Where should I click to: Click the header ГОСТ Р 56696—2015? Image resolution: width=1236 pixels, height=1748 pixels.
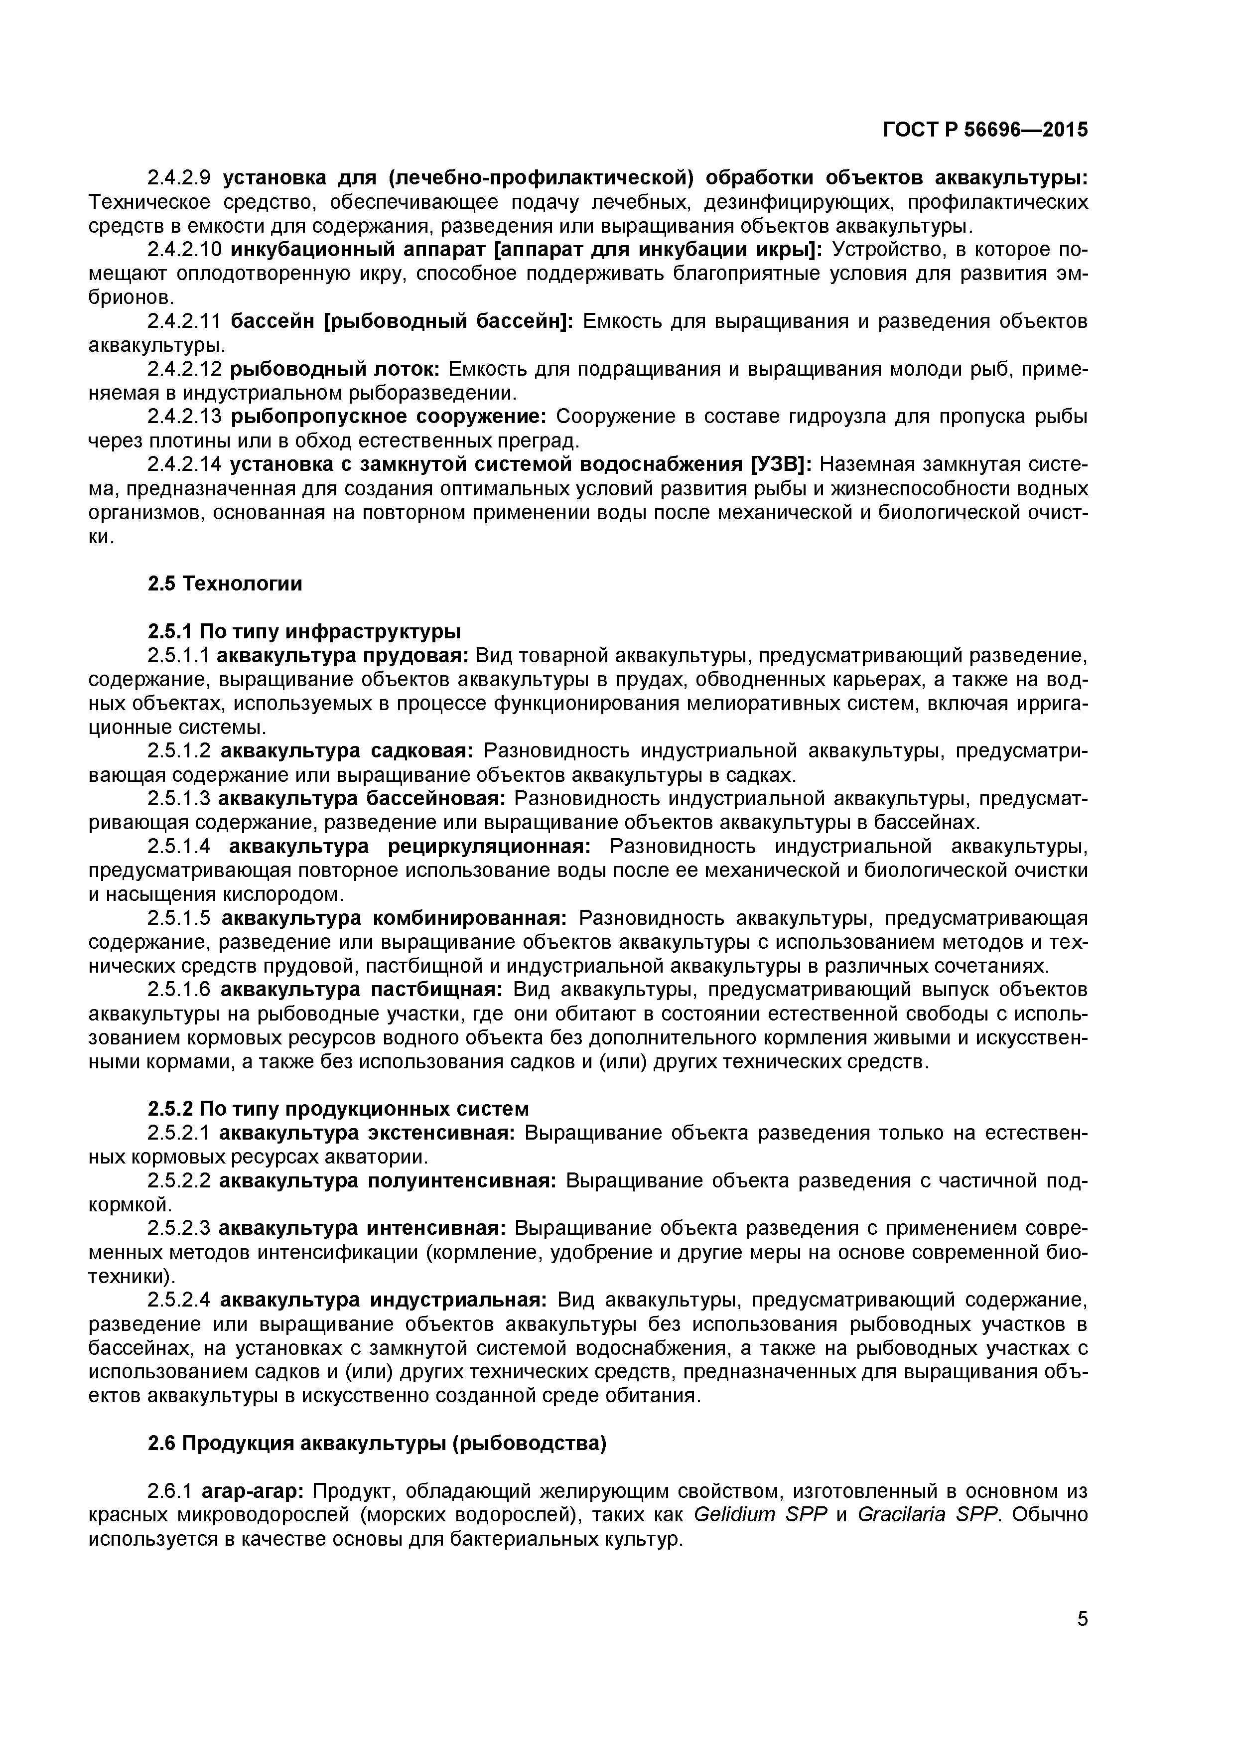coord(985,130)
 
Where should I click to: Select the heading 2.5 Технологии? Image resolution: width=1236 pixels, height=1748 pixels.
coord(225,584)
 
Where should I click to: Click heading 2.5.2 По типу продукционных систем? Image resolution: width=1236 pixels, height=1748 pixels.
coord(338,1109)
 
